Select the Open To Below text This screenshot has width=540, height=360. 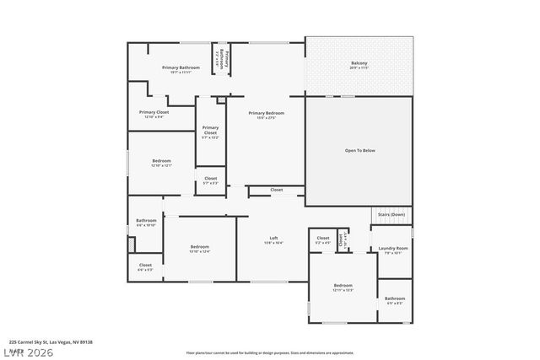(x=359, y=150)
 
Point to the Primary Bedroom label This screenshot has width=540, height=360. (x=266, y=113)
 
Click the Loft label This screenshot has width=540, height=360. (x=274, y=239)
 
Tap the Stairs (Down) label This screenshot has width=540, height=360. (x=391, y=214)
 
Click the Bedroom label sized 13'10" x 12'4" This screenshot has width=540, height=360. (x=199, y=249)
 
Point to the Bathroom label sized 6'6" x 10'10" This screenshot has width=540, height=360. (x=146, y=222)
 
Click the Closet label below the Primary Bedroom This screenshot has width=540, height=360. (x=277, y=190)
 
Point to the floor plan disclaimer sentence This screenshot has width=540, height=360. (x=270, y=352)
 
